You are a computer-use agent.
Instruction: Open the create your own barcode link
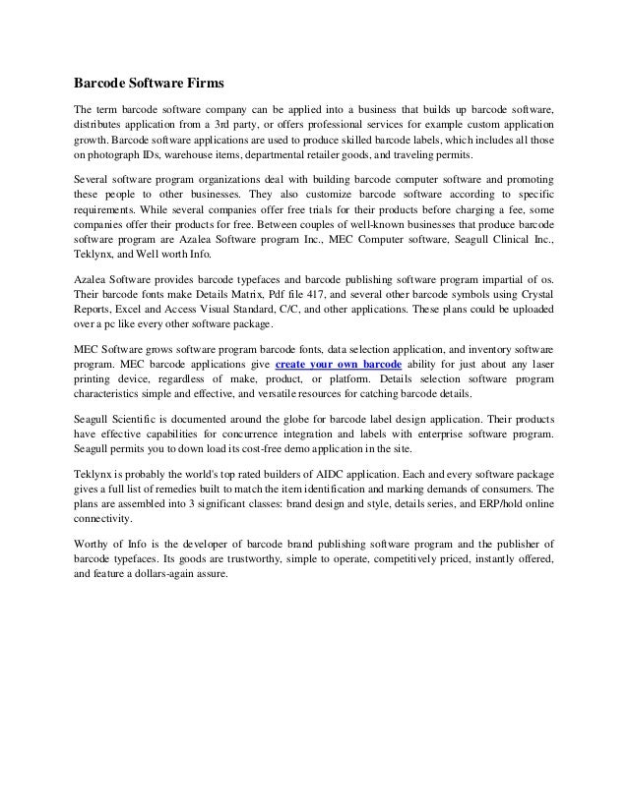click(341, 364)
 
